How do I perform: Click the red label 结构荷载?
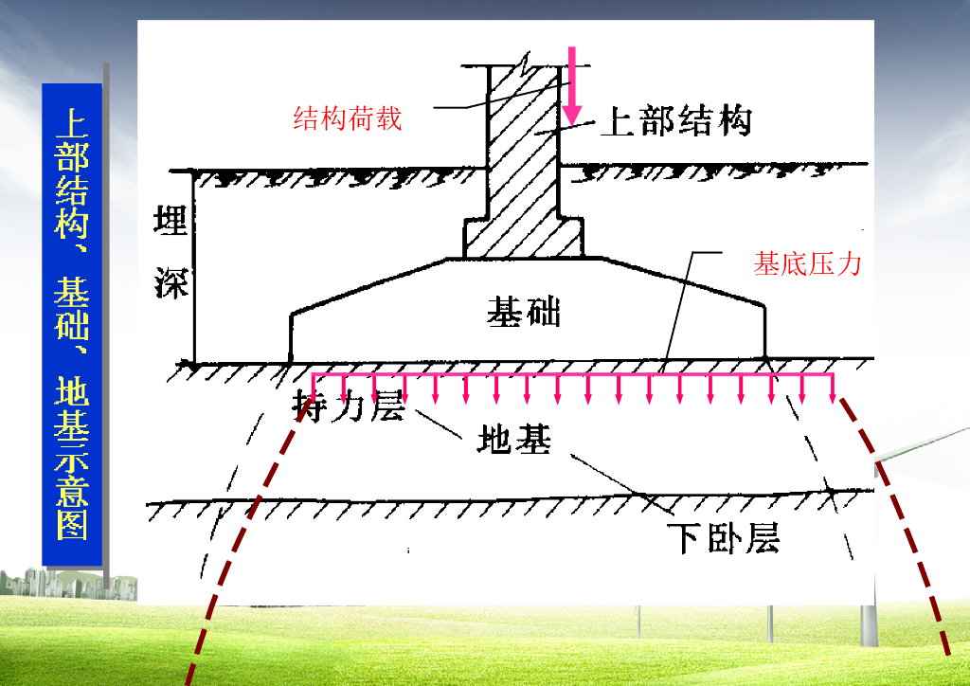click(348, 118)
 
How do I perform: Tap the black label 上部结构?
click(676, 121)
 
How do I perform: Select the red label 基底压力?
click(807, 263)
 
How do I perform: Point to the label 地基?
click(513, 440)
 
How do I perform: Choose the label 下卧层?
click(722, 537)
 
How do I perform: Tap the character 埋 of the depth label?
click(171, 222)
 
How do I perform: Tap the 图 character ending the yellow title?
click(72, 521)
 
